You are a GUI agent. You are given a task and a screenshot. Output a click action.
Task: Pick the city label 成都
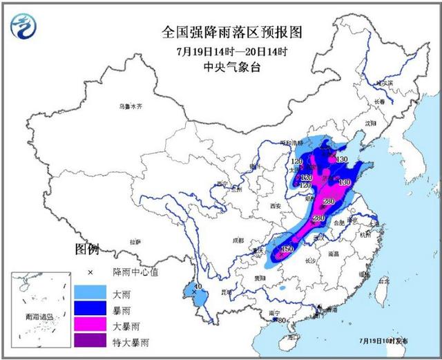coord(238,240)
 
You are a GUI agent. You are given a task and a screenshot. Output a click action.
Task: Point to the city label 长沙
coord(309,260)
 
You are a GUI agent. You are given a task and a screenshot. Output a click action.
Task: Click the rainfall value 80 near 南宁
coord(281,320)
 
